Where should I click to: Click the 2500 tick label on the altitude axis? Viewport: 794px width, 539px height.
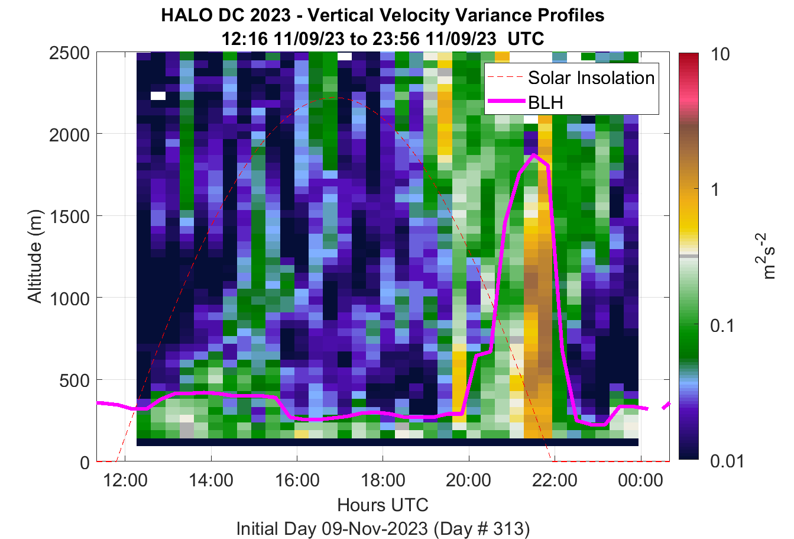(69, 54)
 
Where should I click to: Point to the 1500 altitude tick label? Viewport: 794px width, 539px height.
(69, 217)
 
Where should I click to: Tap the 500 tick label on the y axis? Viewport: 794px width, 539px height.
(74, 381)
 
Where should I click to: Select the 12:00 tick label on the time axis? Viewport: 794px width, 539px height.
(125, 480)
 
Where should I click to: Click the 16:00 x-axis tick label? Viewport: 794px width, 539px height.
(297, 480)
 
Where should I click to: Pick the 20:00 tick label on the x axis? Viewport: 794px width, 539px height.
(469, 480)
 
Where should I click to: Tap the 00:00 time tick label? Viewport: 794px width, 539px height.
(640, 480)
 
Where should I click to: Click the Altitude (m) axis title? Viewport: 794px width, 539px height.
(35, 256)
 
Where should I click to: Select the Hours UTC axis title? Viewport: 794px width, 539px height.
(383, 505)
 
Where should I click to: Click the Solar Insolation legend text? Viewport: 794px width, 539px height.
(591, 78)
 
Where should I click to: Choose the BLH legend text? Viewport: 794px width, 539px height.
(546, 102)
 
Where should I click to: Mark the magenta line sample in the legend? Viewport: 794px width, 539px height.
(507, 102)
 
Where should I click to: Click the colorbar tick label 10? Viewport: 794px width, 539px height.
(720, 54)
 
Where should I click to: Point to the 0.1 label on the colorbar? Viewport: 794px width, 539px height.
(722, 326)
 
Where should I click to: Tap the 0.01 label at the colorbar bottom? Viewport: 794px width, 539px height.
(727, 461)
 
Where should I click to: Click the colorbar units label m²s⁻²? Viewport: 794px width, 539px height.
(765, 256)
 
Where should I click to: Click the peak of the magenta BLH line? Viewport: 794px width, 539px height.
(533, 154)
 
